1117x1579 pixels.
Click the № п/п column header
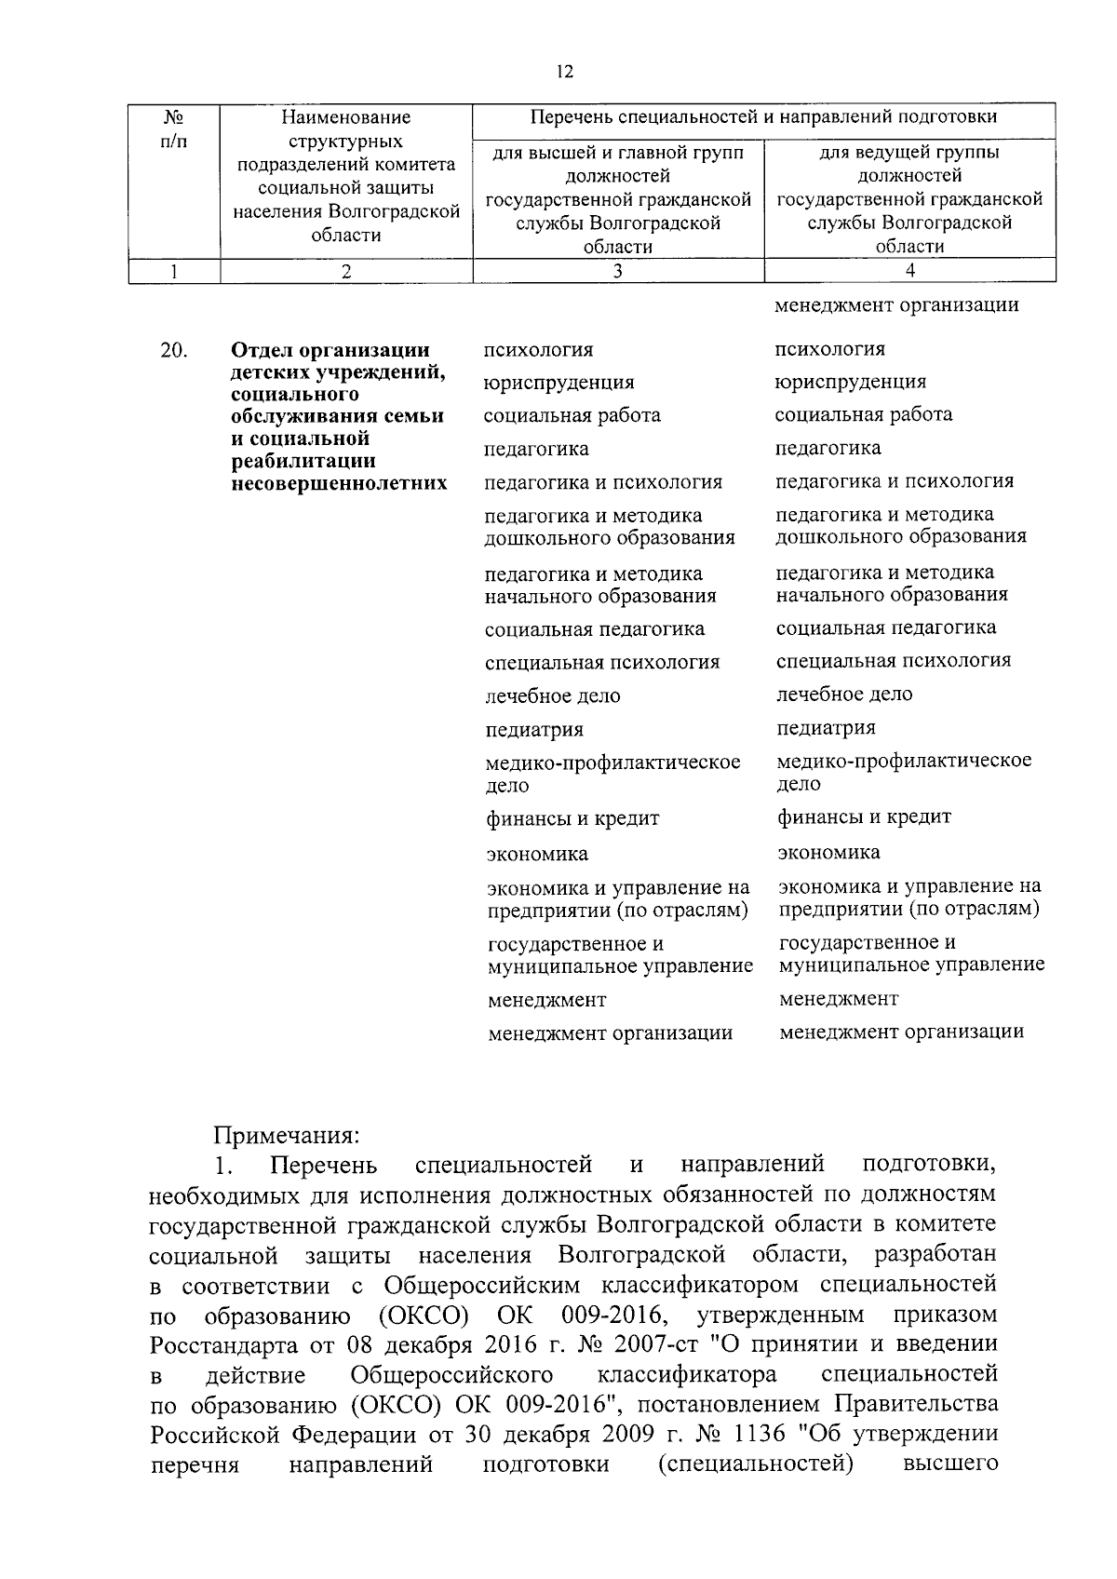click(173, 129)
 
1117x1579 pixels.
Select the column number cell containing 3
click(618, 271)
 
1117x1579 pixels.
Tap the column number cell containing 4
click(909, 271)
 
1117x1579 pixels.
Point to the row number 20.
click(173, 351)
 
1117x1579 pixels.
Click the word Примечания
click(286, 1136)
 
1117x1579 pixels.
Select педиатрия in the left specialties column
click(534, 730)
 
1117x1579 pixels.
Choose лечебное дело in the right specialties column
click(844, 695)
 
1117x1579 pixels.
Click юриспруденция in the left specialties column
click(558, 383)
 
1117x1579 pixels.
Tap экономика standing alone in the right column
click(828, 853)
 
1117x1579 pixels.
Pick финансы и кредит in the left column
click(572, 819)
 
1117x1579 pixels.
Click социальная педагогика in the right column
click(886, 628)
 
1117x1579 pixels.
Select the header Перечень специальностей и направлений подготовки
click(763, 117)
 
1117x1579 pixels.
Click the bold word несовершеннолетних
click(339, 484)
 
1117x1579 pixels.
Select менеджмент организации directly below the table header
click(896, 305)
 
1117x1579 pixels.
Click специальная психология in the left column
click(602, 663)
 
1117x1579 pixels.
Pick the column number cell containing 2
click(346, 271)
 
